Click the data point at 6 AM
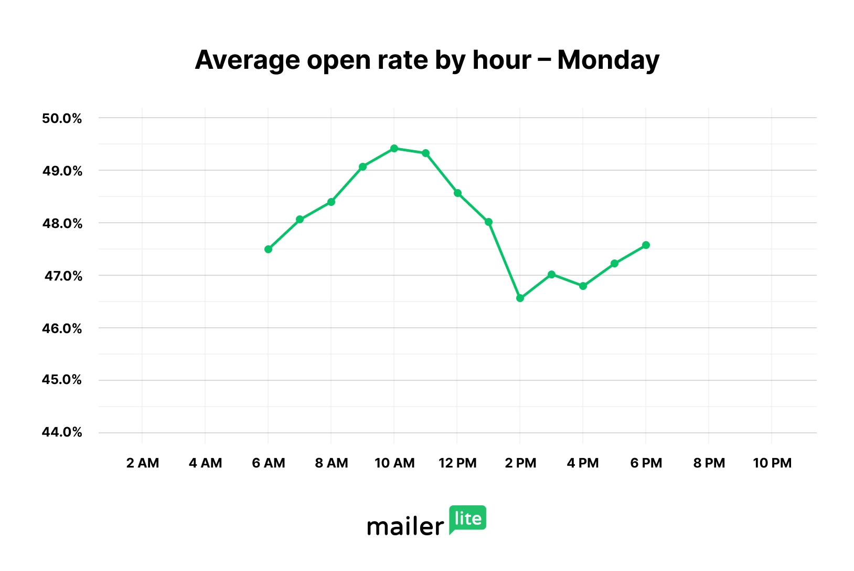tap(268, 249)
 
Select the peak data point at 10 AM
tap(394, 149)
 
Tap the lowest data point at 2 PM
tap(520, 298)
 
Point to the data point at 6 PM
tap(646, 245)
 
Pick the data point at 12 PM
tap(457, 193)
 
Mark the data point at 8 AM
tap(331, 202)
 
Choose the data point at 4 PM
tap(583, 286)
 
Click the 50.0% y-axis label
tap(62, 118)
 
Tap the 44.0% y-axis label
tap(62, 432)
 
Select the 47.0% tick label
tap(63, 276)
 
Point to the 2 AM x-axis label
tap(142, 463)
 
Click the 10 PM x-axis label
tap(772, 463)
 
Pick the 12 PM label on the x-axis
tap(457, 463)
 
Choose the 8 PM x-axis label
tap(709, 463)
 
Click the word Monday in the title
tap(608, 60)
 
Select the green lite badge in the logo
tap(467, 519)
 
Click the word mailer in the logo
tap(405, 526)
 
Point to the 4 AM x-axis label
tap(205, 463)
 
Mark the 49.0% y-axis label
tap(62, 171)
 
